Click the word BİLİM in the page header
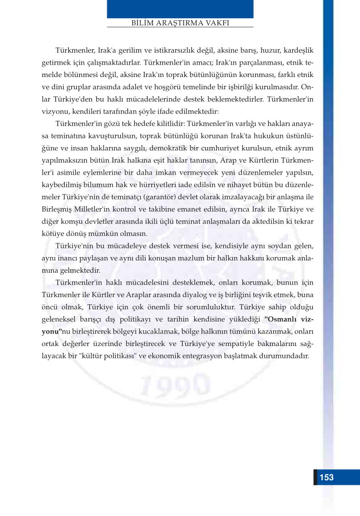pos(143,22)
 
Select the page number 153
pos(326,477)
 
